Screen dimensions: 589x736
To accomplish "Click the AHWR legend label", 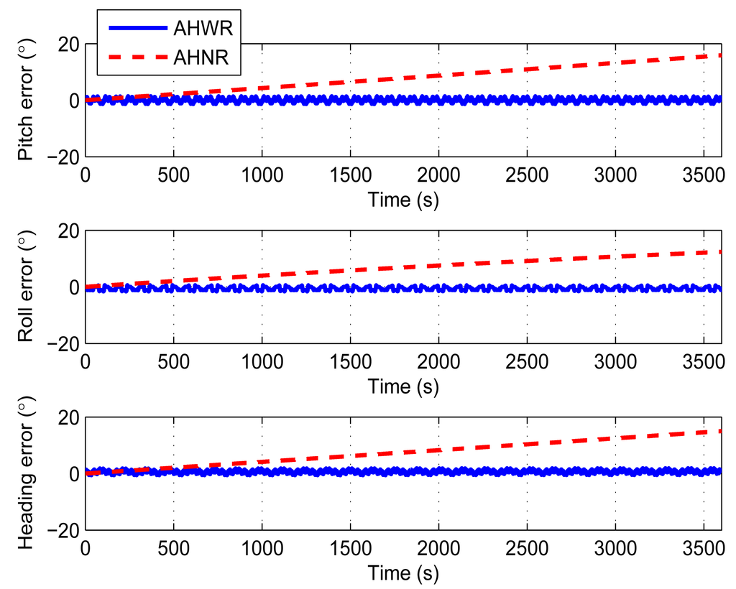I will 201,29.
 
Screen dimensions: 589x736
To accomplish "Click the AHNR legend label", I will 201,58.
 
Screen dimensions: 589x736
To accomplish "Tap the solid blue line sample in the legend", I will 137,29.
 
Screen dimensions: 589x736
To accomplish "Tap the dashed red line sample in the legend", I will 137,58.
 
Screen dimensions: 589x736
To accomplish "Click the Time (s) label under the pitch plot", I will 402,200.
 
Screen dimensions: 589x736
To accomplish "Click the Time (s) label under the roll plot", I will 402,386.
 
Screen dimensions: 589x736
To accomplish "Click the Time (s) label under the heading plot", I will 402,573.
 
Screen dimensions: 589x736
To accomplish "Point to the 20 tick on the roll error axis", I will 66,231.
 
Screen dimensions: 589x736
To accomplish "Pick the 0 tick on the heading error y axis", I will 73,473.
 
